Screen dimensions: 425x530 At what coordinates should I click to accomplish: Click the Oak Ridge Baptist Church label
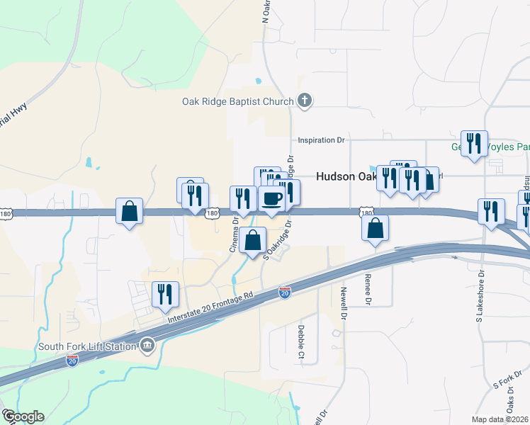pos(237,101)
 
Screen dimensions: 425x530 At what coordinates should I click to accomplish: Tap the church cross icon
pos(305,101)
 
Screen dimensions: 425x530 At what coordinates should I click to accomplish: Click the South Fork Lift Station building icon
pos(147,345)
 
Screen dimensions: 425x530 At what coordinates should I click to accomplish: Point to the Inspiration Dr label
pos(321,140)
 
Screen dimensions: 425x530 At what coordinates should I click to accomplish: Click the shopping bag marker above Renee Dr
pos(376,228)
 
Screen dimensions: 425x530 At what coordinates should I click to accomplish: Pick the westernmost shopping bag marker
pos(129,211)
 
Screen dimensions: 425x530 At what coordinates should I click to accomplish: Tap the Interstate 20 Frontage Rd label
pos(210,307)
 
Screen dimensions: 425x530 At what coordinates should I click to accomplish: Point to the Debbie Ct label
pos(301,341)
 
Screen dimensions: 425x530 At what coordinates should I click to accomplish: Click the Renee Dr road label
pos(368,289)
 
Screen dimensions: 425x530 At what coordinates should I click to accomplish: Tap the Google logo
pos(23,416)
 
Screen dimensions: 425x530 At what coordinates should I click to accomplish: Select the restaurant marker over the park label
pos(472,144)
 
